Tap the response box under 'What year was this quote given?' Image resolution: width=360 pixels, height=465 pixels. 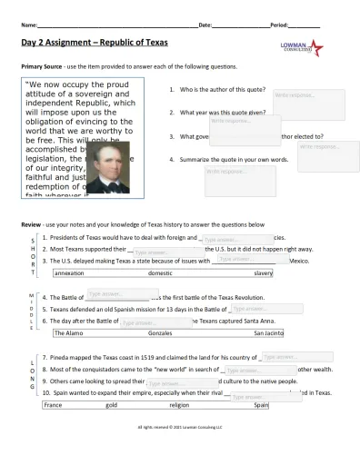click(x=238, y=124)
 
